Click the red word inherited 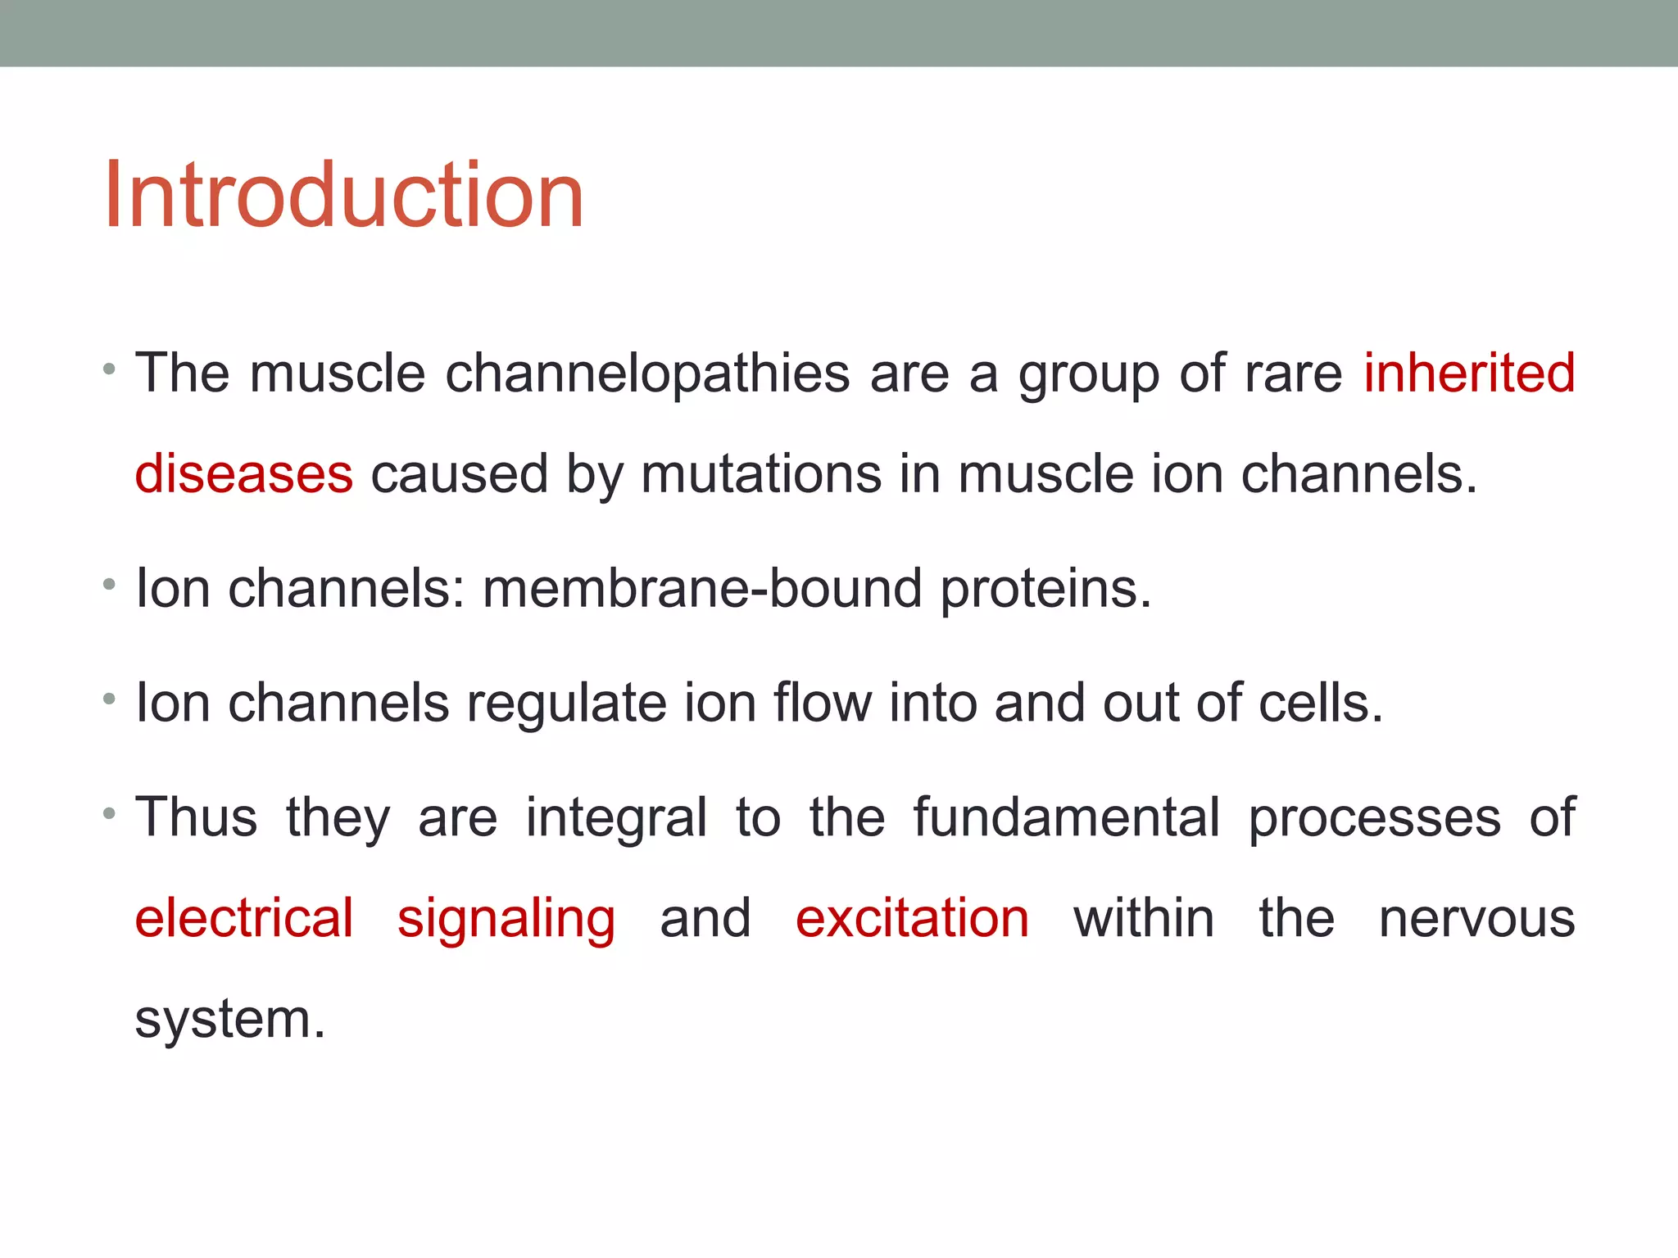[1469, 373]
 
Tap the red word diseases [243, 474]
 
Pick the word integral [615, 819]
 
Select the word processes [1375, 819]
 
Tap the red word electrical [244, 918]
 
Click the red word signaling [506, 920]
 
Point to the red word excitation [912, 918]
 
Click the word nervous [1476, 919]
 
